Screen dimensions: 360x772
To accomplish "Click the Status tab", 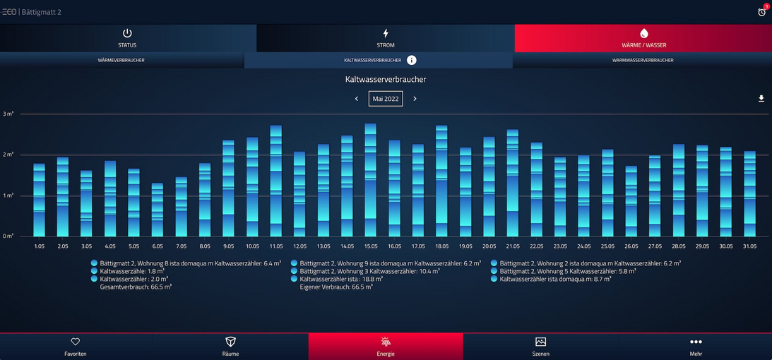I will point(127,38).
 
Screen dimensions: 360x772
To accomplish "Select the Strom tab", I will point(385,38).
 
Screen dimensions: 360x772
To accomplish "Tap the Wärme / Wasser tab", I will point(643,38).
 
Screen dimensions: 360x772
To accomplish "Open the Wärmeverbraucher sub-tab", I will point(121,61).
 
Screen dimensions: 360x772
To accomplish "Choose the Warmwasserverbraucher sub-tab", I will point(643,61).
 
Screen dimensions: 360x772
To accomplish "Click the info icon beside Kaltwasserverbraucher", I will point(412,61).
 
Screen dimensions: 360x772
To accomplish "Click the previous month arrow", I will point(357,99).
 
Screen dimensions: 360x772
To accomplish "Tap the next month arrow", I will point(415,99).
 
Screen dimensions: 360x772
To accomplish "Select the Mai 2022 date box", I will point(386,99).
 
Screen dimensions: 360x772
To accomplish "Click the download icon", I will point(761,99).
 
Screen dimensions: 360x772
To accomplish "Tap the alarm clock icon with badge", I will point(762,11).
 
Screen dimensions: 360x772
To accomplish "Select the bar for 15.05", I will point(370,180).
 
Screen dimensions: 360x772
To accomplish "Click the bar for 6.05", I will point(158,210).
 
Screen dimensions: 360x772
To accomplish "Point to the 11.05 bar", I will point(276,181).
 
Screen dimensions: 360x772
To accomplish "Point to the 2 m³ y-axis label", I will point(8,155).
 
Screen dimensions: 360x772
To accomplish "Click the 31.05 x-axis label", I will point(749,246).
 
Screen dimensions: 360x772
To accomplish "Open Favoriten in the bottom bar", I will point(76,347).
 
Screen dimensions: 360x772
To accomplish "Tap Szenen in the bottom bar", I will point(540,347).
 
